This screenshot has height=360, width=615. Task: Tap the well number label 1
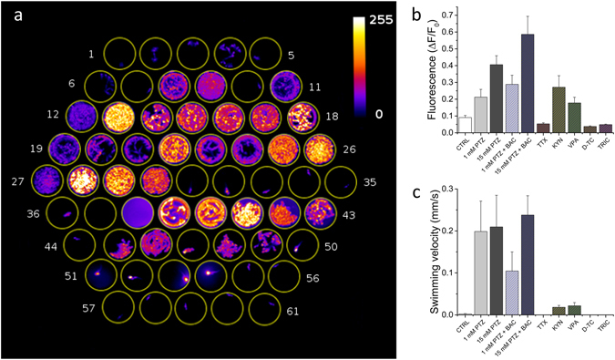[x=90, y=55]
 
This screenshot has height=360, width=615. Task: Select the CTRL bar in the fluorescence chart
[x=465, y=125]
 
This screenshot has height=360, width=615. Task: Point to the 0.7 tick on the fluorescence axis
[x=446, y=16]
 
